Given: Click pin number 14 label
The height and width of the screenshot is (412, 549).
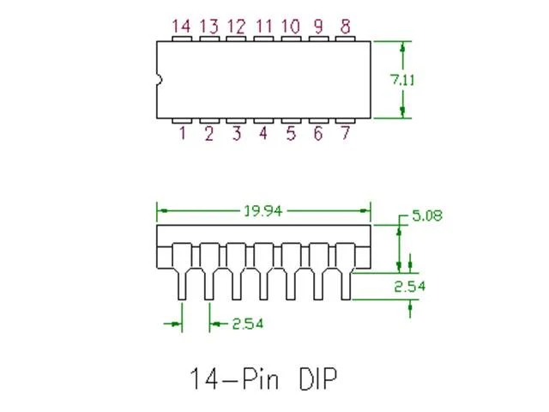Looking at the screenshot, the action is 182,27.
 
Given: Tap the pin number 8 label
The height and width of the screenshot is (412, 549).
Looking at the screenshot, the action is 345,27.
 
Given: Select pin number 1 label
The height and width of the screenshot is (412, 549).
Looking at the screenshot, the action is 183,133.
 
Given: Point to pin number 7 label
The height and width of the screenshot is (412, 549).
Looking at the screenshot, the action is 345,133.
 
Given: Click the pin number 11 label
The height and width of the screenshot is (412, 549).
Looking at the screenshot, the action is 263,27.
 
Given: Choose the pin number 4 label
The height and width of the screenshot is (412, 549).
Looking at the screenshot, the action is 263,133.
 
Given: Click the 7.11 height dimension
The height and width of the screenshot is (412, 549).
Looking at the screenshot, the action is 402,80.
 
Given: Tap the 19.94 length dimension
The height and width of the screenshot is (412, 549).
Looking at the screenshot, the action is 263,211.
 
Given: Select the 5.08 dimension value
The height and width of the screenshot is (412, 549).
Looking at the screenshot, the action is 427,215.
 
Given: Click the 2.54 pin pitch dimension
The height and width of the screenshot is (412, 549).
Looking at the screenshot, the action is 248,324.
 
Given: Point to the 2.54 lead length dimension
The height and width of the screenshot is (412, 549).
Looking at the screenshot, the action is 410,286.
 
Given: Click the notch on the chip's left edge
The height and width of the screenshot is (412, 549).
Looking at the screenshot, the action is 160,80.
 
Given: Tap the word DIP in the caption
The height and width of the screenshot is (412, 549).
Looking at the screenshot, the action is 318,379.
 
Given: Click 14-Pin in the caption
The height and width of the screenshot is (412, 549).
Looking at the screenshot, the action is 234,379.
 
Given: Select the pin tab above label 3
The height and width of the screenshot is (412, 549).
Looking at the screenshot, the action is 236,121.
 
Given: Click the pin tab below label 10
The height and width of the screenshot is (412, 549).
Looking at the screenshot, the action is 291,39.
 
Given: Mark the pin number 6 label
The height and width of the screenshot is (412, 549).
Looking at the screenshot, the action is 318,133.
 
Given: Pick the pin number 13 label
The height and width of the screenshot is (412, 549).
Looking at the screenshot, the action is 209,27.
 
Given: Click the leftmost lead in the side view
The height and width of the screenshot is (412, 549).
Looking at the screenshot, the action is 182,271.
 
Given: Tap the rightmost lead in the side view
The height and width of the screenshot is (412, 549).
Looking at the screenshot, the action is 345,271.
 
